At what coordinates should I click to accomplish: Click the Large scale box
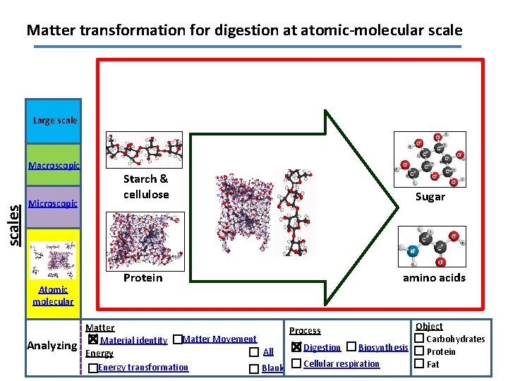(x=54, y=121)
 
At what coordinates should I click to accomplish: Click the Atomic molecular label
(x=53, y=295)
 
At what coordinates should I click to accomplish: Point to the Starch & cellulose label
(x=146, y=186)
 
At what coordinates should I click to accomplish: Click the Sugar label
(x=430, y=197)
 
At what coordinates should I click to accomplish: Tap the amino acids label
(x=434, y=277)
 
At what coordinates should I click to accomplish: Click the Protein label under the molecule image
(x=143, y=277)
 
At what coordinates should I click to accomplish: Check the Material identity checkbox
(x=93, y=339)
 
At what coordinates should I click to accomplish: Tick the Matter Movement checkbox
(x=177, y=339)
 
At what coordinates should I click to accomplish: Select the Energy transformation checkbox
(x=93, y=368)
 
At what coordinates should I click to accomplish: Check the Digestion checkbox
(x=296, y=347)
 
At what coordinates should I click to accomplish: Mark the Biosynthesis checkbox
(x=351, y=347)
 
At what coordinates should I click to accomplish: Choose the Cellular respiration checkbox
(x=296, y=363)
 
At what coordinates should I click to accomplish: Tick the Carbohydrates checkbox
(x=419, y=339)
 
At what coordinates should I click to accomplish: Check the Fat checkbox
(x=419, y=364)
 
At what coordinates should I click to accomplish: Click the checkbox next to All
(x=254, y=352)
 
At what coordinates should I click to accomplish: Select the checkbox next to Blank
(x=254, y=368)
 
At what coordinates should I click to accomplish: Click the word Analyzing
(x=51, y=346)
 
